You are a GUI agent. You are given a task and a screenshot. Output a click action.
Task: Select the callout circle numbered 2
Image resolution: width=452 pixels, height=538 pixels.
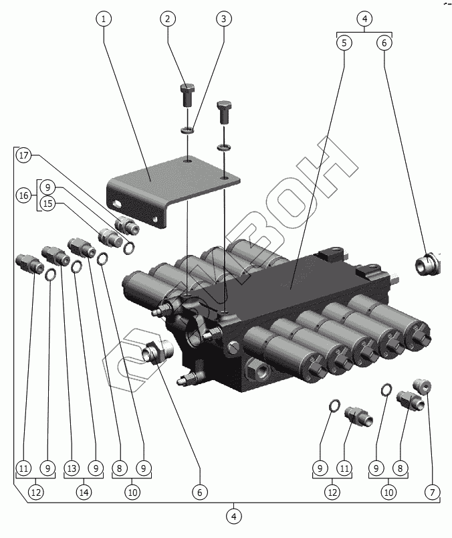[x=168, y=19]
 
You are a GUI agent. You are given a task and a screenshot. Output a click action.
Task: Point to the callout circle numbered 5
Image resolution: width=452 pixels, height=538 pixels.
[x=344, y=43]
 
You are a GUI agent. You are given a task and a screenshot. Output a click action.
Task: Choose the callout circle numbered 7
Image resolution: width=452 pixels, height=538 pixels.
[x=432, y=493]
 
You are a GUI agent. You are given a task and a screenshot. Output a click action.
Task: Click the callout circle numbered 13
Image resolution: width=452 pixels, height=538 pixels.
[x=72, y=468]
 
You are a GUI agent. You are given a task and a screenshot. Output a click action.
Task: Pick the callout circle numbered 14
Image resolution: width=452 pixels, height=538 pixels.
[x=84, y=493]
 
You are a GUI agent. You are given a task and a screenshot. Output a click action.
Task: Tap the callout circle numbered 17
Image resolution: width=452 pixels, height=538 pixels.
[x=24, y=156]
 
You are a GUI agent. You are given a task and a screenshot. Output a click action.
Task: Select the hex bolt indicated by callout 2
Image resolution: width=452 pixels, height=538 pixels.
[x=187, y=96]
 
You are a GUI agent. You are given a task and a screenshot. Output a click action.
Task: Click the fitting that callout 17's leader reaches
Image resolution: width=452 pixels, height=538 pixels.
[x=127, y=226]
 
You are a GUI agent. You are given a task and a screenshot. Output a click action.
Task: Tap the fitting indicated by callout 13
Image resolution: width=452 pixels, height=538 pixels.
[x=52, y=253]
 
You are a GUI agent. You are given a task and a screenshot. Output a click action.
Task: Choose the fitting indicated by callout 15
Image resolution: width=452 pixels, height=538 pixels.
[x=108, y=236]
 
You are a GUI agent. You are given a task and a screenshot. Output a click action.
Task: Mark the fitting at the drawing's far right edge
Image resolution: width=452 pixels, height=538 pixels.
[x=428, y=264]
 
